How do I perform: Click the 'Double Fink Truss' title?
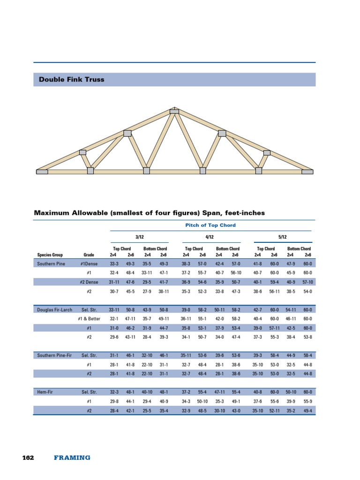tap(71, 80)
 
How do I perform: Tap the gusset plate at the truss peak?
tap(174, 111)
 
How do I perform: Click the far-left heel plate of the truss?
tap(42, 172)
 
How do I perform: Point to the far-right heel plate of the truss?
tap(307, 172)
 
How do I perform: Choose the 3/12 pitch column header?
tap(139, 238)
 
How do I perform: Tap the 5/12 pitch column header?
tap(283, 238)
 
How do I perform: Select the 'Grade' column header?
tap(89, 255)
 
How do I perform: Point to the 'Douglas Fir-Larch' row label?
tap(55, 310)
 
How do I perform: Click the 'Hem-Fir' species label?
tap(45, 391)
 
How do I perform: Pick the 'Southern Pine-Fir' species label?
tap(55, 356)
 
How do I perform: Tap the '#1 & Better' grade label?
tap(89, 319)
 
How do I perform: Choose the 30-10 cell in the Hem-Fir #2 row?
tap(220, 411)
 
